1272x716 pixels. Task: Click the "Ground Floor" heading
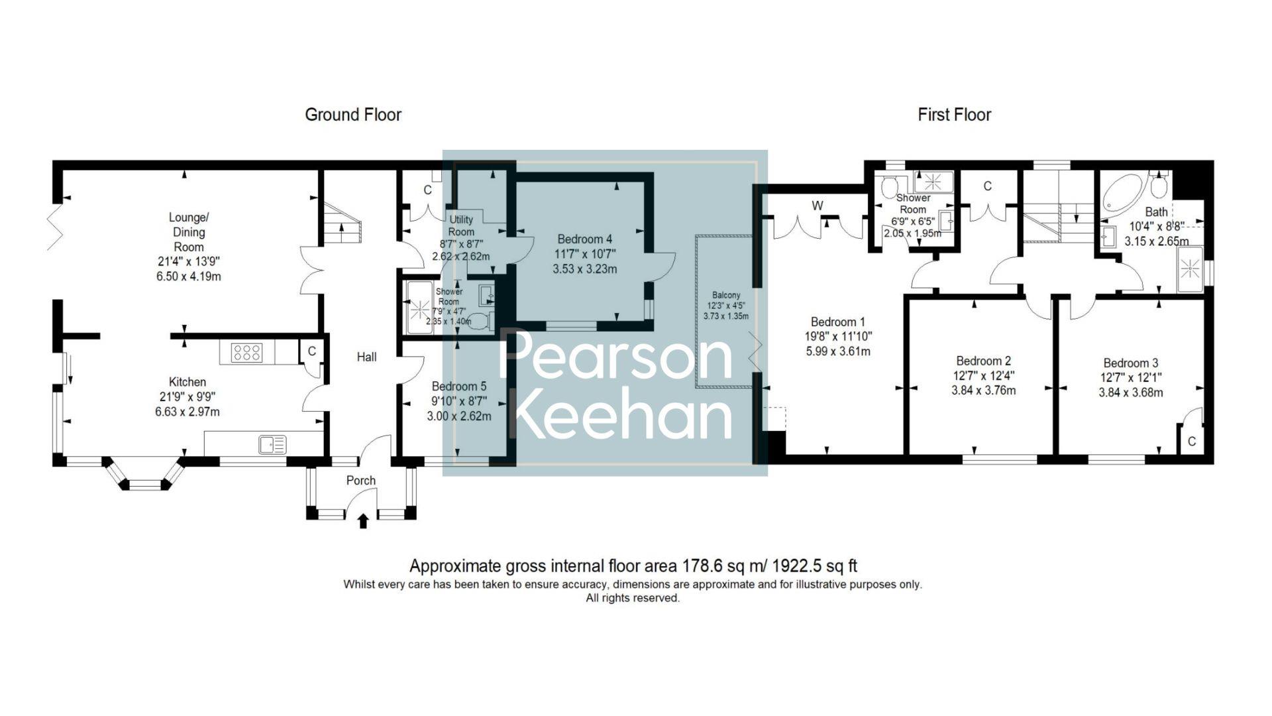pyautogui.click(x=353, y=115)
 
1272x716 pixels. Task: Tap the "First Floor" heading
pyautogui.click(x=954, y=115)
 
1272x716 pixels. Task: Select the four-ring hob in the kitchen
pyautogui.click(x=246, y=353)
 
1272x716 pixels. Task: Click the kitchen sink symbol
pyautogui.click(x=272, y=444)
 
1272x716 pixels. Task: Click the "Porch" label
pyautogui.click(x=361, y=481)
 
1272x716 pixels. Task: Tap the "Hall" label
pyautogui.click(x=366, y=357)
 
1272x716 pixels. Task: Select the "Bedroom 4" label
pyautogui.click(x=584, y=239)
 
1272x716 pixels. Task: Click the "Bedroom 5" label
pyautogui.click(x=458, y=387)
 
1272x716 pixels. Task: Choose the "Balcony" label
pyautogui.click(x=726, y=295)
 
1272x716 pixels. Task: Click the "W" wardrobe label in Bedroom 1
pyautogui.click(x=818, y=206)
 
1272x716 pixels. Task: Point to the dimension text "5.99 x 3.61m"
pyautogui.click(x=838, y=351)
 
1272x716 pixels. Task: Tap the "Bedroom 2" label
pyautogui.click(x=983, y=361)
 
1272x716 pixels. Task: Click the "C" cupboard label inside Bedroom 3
pyautogui.click(x=1192, y=442)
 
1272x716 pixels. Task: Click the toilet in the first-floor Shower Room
pyautogui.click(x=889, y=183)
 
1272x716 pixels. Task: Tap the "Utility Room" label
pyautogui.click(x=461, y=225)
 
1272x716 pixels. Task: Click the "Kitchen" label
pyautogui.click(x=187, y=382)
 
